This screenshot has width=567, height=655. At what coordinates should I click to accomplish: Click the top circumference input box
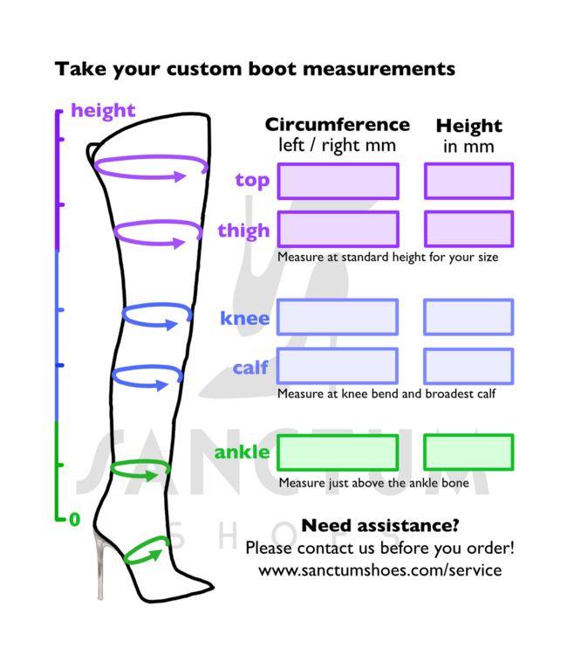click(x=338, y=181)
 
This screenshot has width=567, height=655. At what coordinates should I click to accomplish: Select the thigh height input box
click(x=468, y=229)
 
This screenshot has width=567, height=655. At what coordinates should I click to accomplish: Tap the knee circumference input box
click(x=338, y=317)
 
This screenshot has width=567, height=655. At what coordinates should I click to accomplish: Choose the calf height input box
click(x=468, y=366)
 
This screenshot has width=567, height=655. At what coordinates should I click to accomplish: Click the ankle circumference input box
click(x=338, y=452)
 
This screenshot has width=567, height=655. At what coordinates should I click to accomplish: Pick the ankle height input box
click(x=468, y=452)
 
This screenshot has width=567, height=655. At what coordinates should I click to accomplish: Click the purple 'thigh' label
click(x=243, y=231)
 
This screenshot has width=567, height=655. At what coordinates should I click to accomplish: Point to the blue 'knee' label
click(x=245, y=318)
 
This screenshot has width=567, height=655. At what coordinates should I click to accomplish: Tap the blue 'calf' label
click(x=250, y=368)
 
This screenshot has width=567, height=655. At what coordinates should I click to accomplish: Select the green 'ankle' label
click(x=242, y=453)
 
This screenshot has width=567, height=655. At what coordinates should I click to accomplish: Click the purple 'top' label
click(x=252, y=181)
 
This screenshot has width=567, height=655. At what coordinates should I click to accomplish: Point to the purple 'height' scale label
click(x=103, y=111)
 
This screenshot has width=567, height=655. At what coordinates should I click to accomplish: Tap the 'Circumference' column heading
click(x=337, y=124)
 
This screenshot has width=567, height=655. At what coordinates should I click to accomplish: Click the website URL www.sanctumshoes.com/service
click(x=379, y=569)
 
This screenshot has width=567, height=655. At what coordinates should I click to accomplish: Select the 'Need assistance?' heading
click(x=379, y=526)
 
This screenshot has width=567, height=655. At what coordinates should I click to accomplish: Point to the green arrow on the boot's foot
click(x=146, y=552)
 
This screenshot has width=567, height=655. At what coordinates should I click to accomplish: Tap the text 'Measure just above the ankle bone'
click(x=373, y=483)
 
